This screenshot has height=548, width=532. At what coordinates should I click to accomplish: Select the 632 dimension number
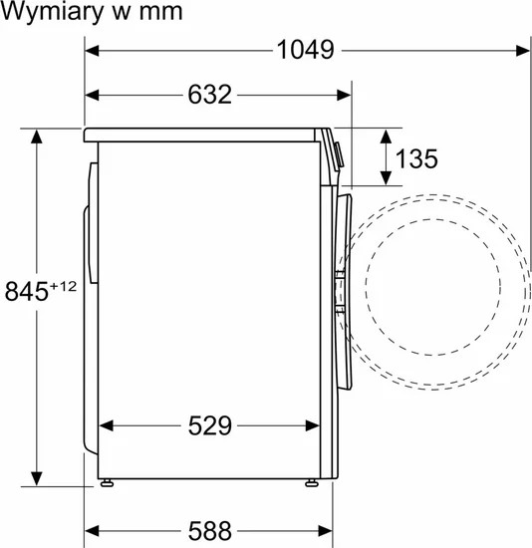209,96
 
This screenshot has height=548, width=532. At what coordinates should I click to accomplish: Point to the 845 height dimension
27,292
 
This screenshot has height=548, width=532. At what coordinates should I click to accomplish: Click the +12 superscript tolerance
65,285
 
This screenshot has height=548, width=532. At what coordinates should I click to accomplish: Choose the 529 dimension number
209,426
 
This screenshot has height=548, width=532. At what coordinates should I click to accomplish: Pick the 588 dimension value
209,528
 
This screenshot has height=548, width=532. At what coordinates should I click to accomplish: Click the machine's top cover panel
204,133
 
